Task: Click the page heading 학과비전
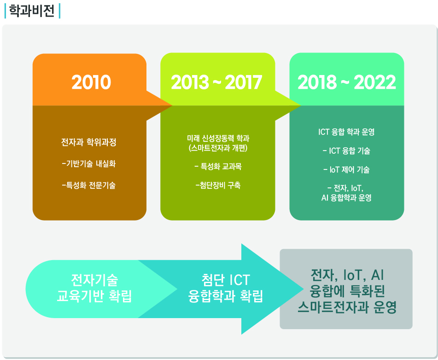pos(32,11)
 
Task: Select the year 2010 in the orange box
pos(91,82)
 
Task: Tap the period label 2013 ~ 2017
pos(216,82)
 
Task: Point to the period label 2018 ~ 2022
pos(347,82)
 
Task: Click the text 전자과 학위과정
pos(88,142)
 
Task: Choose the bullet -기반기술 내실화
pos(88,163)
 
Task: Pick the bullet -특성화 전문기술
pos(88,185)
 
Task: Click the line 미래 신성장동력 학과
pos(218,138)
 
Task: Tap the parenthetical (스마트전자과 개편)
pos(218,148)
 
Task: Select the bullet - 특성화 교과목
pos(218,167)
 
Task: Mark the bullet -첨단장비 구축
pos(218,185)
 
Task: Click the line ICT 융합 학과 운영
pos(346,132)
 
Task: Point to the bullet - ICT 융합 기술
pos(346,151)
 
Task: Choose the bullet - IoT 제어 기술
pos(346,169)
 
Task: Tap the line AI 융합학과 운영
pos(346,198)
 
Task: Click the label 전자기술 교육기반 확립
pos(94,288)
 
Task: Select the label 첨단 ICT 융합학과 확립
pos(225,288)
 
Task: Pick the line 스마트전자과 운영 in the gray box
pos(347,307)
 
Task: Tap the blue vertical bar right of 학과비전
pos(59,11)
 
